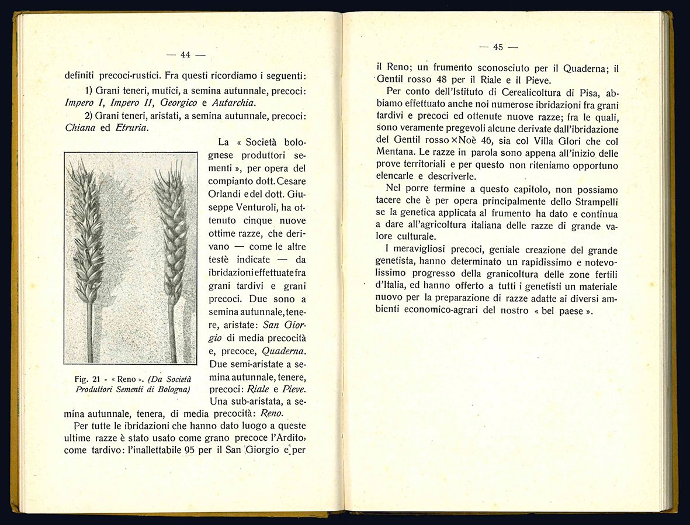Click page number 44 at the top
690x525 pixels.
pyautogui.click(x=186, y=55)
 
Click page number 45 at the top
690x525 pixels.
pyautogui.click(x=498, y=47)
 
